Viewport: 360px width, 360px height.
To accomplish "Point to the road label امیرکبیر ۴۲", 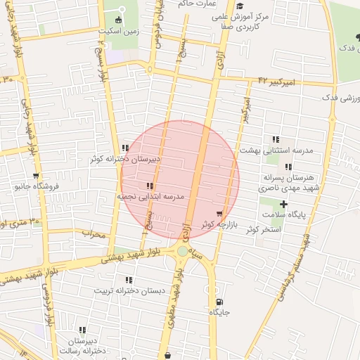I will pos(274,82).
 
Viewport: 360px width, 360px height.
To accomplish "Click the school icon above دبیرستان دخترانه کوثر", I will pos(125,148).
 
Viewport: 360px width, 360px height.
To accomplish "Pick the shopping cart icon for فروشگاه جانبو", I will pos(36,176).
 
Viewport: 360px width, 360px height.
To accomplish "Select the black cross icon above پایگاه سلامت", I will pos(283,204).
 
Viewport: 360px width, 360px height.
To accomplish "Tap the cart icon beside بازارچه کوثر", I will pos(219,214).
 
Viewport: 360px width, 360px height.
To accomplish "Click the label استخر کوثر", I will pos(255,230).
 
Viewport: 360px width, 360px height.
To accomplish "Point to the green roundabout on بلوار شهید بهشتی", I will pos(182,251).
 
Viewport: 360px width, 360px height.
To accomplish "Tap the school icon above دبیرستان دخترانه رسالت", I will pos(82,330).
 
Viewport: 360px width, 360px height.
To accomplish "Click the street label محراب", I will pos(93,233).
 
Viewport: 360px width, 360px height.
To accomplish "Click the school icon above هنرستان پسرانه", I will pos(288,167).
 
